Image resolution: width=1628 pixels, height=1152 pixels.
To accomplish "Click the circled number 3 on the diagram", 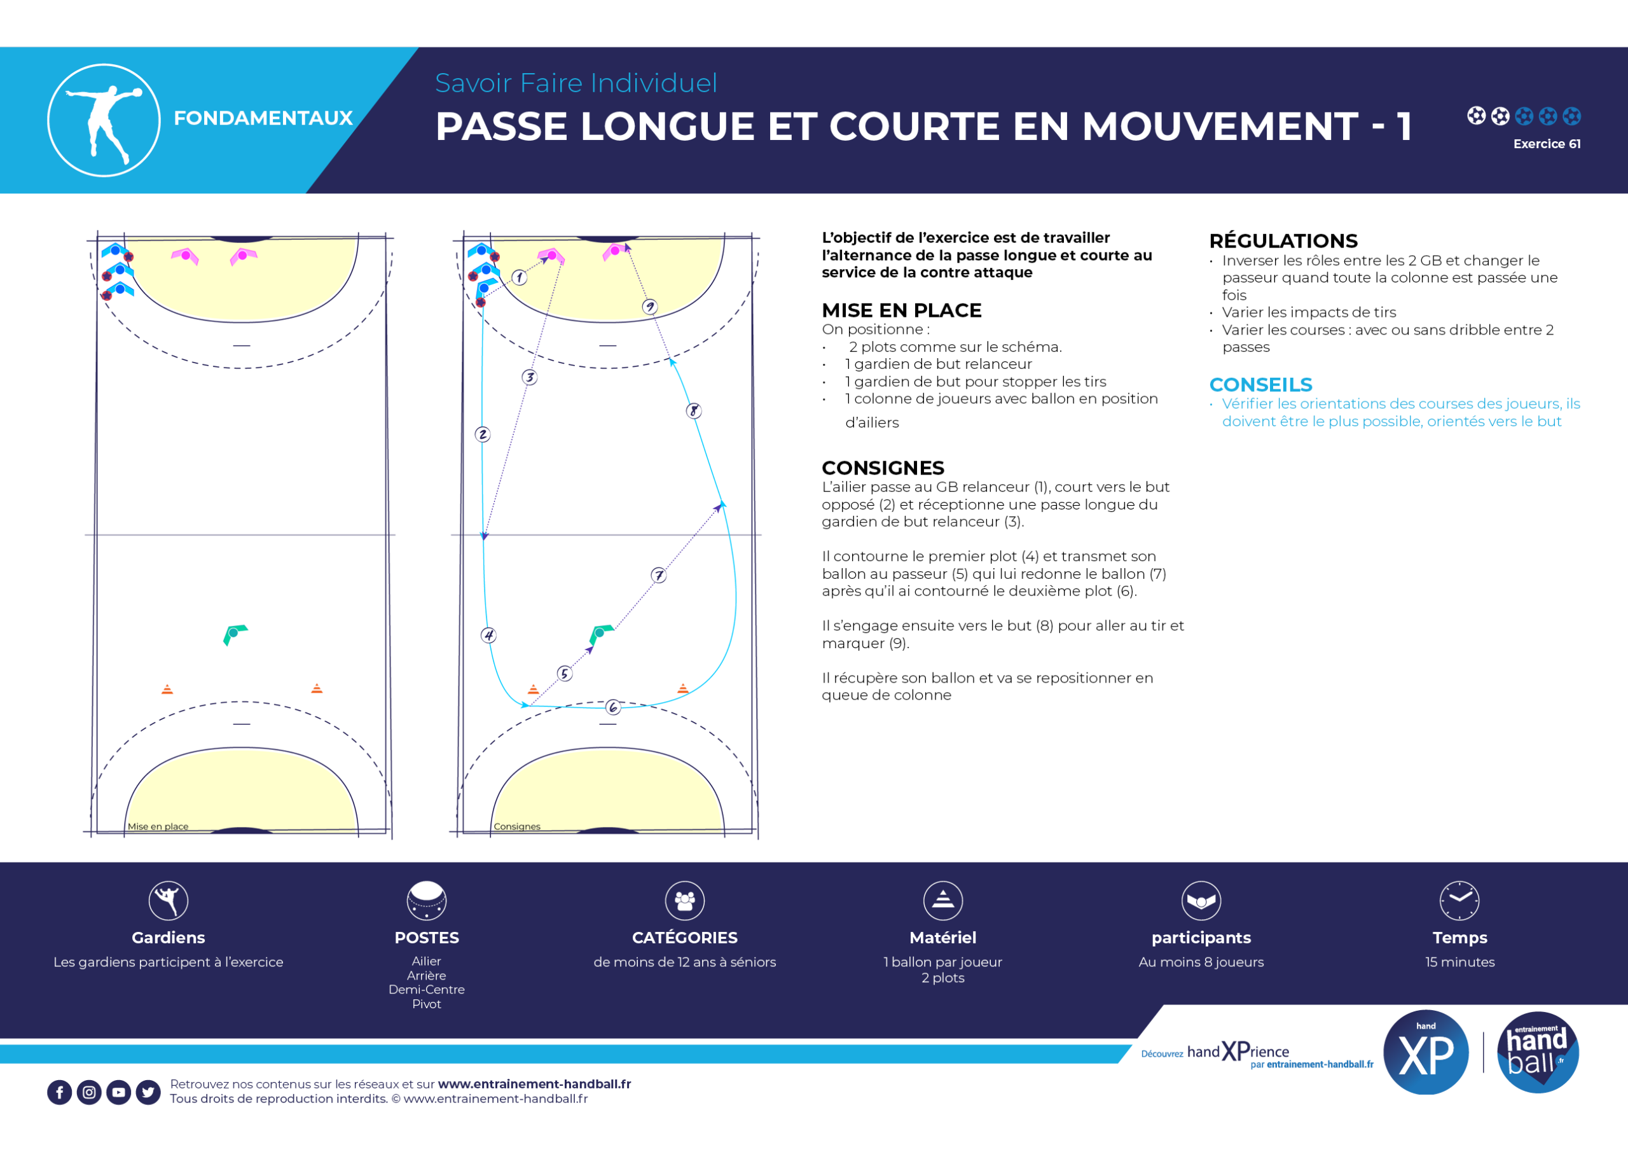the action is click(530, 377).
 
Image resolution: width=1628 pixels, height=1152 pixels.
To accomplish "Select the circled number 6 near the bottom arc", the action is click(613, 707).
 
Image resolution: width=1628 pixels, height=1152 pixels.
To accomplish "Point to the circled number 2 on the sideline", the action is click(483, 434).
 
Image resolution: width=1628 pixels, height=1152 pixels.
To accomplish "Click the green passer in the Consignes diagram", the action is click(600, 633).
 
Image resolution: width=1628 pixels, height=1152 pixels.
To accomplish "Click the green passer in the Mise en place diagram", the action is click(234, 634).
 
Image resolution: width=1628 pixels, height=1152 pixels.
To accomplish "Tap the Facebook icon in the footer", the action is click(60, 1092).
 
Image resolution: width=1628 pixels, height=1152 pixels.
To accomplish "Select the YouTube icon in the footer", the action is click(118, 1092).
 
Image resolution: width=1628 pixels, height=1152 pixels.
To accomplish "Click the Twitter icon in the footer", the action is click(148, 1092).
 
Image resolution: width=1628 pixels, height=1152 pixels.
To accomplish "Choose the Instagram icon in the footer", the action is click(89, 1092).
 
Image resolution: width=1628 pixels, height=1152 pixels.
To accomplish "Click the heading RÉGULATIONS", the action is click(1283, 240).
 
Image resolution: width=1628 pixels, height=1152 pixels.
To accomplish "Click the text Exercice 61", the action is click(1547, 144).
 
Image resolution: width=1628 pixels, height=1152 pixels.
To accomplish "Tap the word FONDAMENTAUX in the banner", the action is click(263, 118).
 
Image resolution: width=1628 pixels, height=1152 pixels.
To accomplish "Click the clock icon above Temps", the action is click(1459, 900).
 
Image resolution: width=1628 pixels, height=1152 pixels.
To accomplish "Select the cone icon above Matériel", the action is click(943, 900).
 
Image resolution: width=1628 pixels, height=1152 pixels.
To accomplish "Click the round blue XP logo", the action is click(1426, 1052).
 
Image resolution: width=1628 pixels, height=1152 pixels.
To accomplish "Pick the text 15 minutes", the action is click(1460, 962).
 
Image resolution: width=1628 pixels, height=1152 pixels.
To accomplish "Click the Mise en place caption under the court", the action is click(158, 826).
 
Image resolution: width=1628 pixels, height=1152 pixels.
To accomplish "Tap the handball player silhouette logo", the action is click(104, 121).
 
